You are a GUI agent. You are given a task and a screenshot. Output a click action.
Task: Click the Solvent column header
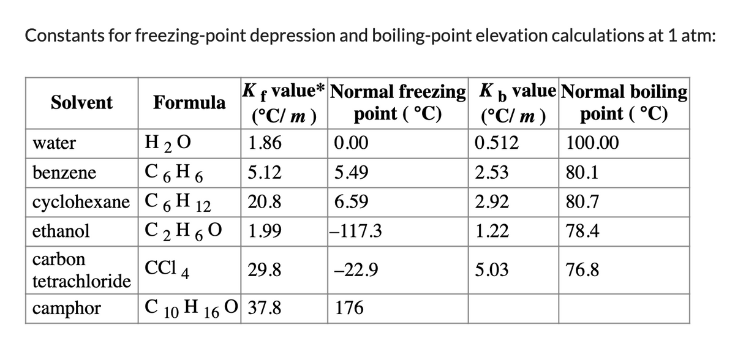[81, 102]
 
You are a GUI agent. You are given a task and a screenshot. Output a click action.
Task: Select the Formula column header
[189, 102]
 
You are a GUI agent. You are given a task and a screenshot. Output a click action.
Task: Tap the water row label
[53, 144]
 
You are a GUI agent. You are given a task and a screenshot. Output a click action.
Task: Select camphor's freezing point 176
[349, 308]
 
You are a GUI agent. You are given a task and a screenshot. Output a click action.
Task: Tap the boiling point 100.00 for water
[593, 144]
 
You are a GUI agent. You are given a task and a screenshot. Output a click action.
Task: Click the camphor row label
[66, 308]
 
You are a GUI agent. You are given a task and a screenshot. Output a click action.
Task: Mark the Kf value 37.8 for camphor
[265, 308]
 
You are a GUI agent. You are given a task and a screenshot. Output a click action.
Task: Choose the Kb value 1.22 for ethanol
[491, 231]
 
